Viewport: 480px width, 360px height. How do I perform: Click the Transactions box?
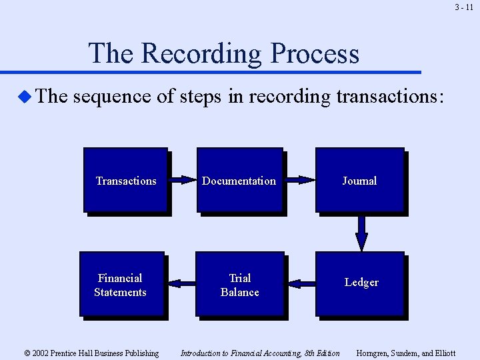125,180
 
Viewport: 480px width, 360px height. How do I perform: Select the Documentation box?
239,180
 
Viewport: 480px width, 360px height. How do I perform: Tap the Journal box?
359,180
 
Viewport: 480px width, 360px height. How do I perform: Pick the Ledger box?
360,283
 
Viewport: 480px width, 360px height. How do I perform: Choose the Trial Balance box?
239,284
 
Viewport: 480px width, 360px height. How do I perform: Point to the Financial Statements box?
121,284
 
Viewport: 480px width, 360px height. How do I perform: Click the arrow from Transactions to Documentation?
181,179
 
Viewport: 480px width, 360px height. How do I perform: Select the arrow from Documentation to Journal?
299,179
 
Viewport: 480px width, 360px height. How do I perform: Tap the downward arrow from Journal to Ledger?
361,233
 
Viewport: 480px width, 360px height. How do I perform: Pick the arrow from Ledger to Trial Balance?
301,283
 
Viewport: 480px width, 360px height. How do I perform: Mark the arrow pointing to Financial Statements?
181,283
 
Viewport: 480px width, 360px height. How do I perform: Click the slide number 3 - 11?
464,7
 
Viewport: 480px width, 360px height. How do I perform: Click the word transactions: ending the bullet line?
389,97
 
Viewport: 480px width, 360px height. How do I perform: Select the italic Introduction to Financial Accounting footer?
260,353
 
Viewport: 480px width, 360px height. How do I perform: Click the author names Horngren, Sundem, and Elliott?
406,353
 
